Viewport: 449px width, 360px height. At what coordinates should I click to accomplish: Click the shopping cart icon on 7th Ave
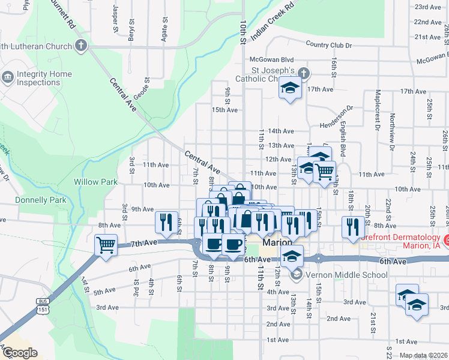pos(106,244)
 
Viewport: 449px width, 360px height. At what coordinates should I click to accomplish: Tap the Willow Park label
pos(93,181)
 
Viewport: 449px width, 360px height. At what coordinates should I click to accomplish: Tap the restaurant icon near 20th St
pos(351,226)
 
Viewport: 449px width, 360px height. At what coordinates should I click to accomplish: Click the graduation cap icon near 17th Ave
pos(290,88)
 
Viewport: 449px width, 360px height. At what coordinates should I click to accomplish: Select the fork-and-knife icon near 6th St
pos(165,221)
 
